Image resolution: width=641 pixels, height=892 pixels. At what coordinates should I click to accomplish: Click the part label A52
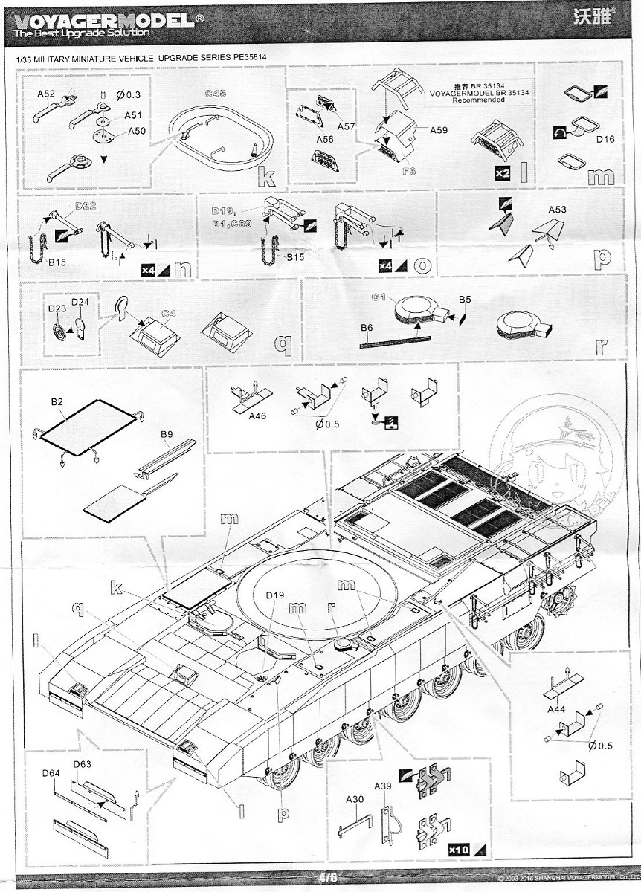pyautogui.click(x=47, y=94)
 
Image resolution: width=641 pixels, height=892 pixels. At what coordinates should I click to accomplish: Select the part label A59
pyautogui.click(x=438, y=130)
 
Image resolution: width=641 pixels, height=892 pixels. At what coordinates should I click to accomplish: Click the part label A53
pyautogui.click(x=557, y=210)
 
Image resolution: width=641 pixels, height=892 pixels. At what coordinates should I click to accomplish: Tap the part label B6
pyautogui.click(x=366, y=327)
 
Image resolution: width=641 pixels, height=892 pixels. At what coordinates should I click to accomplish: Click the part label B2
pyautogui.click(x=57, y=402)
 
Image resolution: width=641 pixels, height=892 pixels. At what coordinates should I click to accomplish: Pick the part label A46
pyautogui.click(x=257, y=416)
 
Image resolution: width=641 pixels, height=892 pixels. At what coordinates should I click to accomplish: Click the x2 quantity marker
pyautogui.click(x=503, y=173)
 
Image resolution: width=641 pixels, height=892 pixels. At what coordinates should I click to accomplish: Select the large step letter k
pyautogui.click(x=266, y=176)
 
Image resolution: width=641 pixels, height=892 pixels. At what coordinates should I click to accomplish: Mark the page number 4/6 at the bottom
pyautogui.click(x=325, y=877)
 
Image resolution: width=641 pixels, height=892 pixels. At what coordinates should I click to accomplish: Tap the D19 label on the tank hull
pyautogui.click(x=275, y=595)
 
